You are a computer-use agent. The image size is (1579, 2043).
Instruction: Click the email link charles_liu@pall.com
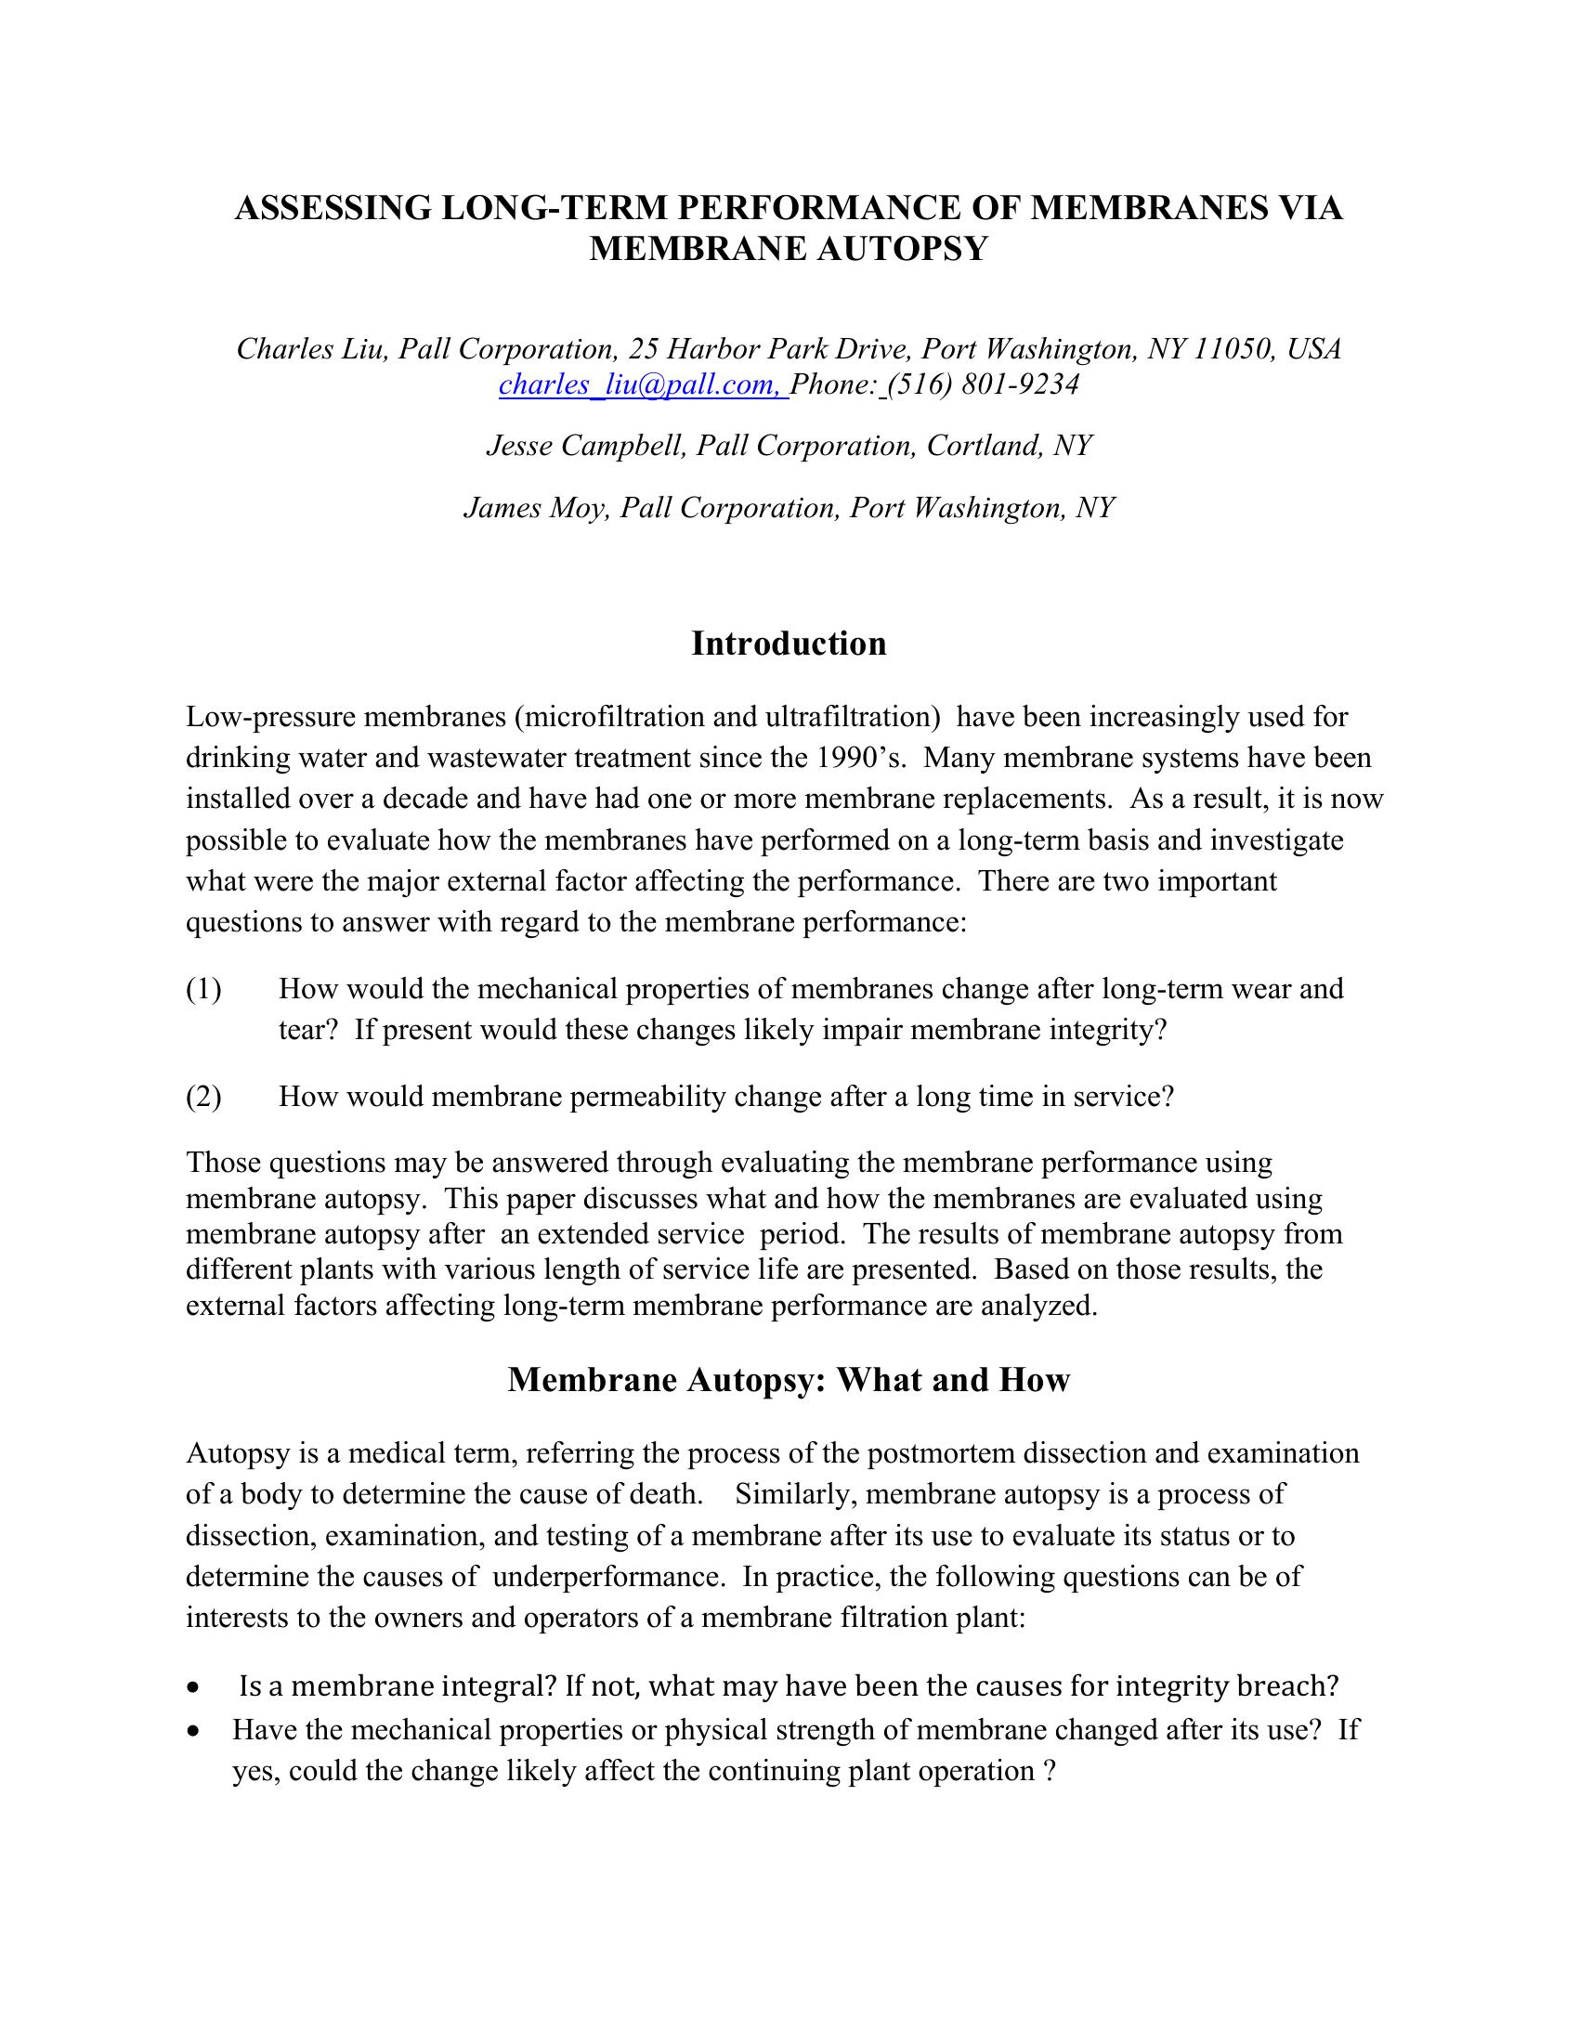pyautogui.click(x=643, y=384)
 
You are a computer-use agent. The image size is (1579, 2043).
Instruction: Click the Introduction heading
pyautogui.click(x=789, y=644)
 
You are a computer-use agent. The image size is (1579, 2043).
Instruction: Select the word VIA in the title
pyautogui.click(x=1303, y=208)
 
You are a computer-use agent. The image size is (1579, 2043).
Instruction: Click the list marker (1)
pyautogui.click(x=204, y=989)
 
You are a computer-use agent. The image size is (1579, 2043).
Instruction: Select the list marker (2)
pyautogui.click(x=204, y=1097)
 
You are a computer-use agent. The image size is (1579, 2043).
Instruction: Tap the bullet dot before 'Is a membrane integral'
pyautogui.click(x=192, y=1687)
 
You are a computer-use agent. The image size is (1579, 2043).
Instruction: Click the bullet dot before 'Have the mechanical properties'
pyautogui.click(x=192, y=1732)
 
